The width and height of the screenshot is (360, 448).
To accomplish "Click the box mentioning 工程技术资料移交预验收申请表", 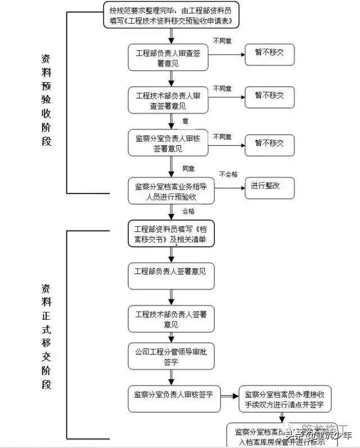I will [171, 15].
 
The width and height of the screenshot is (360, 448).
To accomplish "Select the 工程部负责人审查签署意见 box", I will [164, 57].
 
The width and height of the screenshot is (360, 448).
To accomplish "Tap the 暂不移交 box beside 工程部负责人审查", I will [269, 55].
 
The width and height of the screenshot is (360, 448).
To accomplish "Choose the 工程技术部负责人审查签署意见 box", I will [164, 100].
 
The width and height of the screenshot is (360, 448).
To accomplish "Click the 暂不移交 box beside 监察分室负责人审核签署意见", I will [269, 144].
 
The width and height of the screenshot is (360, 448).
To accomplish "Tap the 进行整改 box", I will [269, 187].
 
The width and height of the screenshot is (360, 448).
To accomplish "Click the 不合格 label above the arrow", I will [228, 174].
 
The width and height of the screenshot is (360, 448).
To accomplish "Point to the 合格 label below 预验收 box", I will [188, 211].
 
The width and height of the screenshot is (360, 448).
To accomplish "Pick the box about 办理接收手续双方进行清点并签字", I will [285, 399].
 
